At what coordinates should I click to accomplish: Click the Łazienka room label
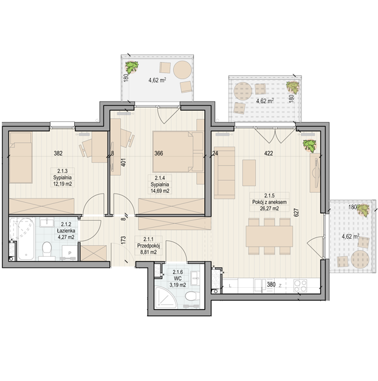[x=66, y=231]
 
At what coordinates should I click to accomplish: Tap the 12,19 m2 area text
[x=63, y=184]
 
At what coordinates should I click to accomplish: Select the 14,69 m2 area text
[x=160, y=190]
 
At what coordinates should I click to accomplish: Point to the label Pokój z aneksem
[x=269, y=202]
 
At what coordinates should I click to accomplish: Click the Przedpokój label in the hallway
[x=148, y=246]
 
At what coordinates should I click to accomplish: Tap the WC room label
[x=177, y=279]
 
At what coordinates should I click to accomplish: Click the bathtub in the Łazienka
[x=22, y=239]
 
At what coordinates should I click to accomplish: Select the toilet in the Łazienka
[x=46, y=251]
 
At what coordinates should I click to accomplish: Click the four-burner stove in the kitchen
[x=300, y=285]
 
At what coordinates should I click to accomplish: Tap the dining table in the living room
[x=269, y=236]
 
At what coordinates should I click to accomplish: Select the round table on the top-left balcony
[x=182, y=69]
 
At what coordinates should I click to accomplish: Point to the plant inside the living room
[x=309, y=145]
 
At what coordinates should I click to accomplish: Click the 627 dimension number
[x=296, y=212]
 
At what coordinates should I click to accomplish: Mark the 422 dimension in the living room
[x=269, y=153]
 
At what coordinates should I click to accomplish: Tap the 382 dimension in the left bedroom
[x=58, y=153]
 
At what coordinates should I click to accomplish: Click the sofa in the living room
[x=224, y=172]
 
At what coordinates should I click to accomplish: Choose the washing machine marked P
[x=69, y=253]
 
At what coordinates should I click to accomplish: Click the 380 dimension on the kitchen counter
[x=271, y=285]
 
